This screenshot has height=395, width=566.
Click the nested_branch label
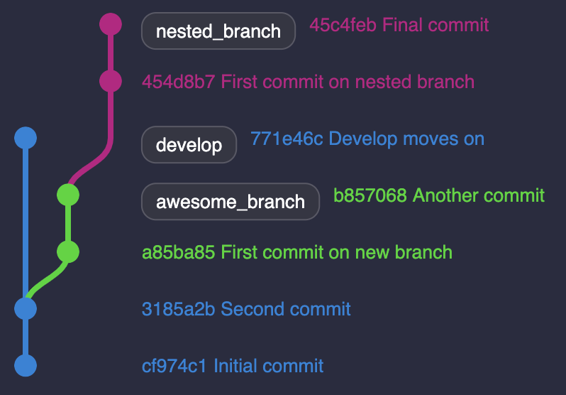click(218, 32)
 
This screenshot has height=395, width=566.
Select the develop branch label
click(189, 145)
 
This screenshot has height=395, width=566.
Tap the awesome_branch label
click(230, 202)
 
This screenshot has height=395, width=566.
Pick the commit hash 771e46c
click(287, 139)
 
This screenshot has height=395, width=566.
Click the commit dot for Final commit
click(110, 24)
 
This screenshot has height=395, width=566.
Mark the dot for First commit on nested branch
click(110, 81)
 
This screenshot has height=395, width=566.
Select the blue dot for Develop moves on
click(25, 138)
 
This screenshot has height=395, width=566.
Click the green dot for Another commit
click(67, 195)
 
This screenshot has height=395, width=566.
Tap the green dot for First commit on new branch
click(67, 251)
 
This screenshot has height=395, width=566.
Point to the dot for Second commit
click(25, 308)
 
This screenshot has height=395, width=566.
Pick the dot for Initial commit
click(25, 365)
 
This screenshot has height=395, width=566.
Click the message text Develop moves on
click(406, 139)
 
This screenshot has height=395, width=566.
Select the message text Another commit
click(479, 195)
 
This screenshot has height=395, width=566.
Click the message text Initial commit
click(268, 367)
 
